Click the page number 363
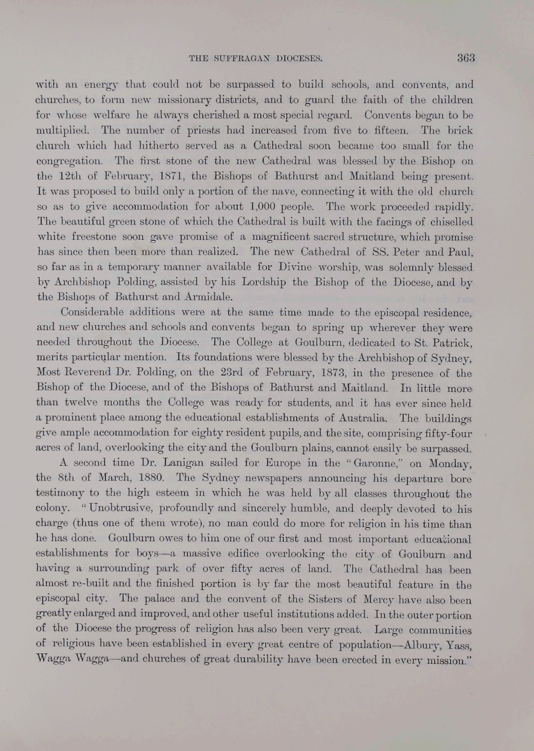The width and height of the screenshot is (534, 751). (x=465, y=59)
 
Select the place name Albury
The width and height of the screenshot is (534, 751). (x=426, y=644)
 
